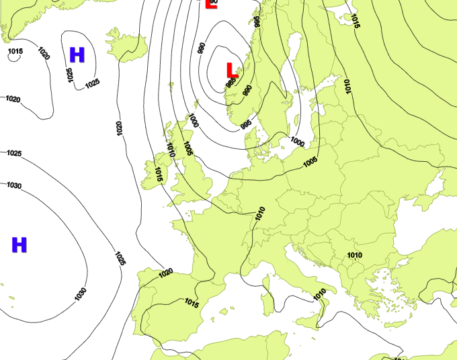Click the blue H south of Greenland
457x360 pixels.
tap(77, 55)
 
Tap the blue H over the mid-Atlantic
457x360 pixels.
tap(19, 245)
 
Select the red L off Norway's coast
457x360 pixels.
tap(232, 70)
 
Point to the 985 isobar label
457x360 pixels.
tap(231, 84)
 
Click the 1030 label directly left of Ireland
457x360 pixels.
tap(14, 185)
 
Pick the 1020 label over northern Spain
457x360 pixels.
tap(165, 272)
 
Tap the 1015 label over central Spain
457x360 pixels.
tap(191, 304)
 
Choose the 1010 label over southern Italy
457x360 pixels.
tap(319, 292)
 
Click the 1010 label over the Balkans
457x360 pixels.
tap(354, 255)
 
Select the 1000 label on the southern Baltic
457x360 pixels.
tap(297, 142)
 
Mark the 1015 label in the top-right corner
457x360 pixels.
tap(355, 21)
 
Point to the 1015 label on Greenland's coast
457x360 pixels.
tap(15, 52)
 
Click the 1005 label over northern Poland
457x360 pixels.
tap(310, 163)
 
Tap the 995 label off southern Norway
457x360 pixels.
tap(246, 124)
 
